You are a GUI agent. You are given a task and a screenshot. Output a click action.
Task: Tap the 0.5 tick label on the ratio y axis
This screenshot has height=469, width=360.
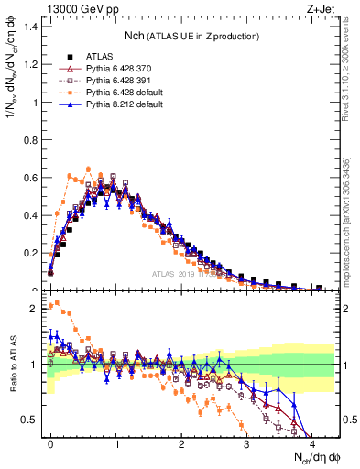coord(30,420)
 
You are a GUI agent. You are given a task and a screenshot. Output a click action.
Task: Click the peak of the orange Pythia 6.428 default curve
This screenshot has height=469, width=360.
coord(88,169)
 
